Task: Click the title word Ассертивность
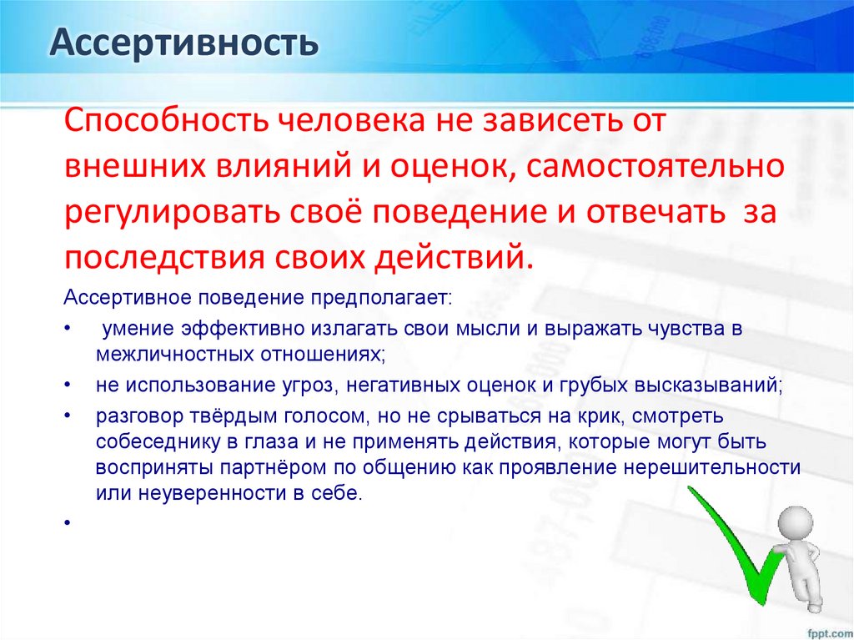(x=183, y=42)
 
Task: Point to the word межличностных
(x=160, y=353)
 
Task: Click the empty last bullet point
(x=65, y=523)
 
